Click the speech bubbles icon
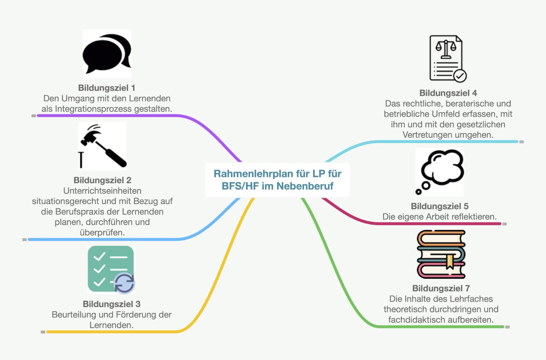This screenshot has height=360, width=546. (x=107, y=54)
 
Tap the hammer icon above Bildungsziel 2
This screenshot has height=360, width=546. (x=102, y=146)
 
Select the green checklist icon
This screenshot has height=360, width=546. (x=111, y=270)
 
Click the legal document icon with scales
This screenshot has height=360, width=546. (x=448, y=59)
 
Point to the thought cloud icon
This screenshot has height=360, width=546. (x=440, y=172)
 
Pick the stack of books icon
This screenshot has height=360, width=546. (x=441, y=254)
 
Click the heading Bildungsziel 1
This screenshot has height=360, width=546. (x=107, y=88)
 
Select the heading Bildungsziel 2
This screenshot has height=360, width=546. (x=102, y=180)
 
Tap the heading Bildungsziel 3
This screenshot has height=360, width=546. (x=112, y=304)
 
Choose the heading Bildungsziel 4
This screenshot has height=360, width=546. (x=448, y=93)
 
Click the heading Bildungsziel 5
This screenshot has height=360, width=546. (x=440, y=206)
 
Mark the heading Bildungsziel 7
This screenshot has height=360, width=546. (x=441, y=288)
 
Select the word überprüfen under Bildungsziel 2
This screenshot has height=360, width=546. (x=102, y=233)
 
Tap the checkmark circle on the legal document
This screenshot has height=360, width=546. (x=460, y=76)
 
